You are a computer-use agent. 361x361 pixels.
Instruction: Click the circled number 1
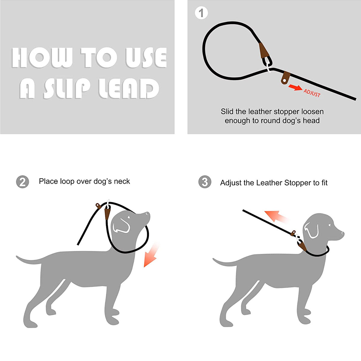(201, 13)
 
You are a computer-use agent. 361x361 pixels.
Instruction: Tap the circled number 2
(23, 182)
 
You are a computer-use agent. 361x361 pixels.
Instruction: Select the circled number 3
(205, 182)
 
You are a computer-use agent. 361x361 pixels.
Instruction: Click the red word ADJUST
(312, 93)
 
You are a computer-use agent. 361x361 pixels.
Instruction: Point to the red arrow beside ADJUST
(295, 87)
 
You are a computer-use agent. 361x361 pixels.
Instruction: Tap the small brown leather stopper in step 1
(284, 79)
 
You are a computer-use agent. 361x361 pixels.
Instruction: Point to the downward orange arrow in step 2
(151, 256)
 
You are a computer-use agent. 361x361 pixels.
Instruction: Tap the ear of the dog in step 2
(122, 226)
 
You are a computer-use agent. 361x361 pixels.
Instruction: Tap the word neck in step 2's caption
(122, 181)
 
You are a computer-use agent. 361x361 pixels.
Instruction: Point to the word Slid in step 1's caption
(227, 112)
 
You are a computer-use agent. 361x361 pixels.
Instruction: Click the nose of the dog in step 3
(343, 233)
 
